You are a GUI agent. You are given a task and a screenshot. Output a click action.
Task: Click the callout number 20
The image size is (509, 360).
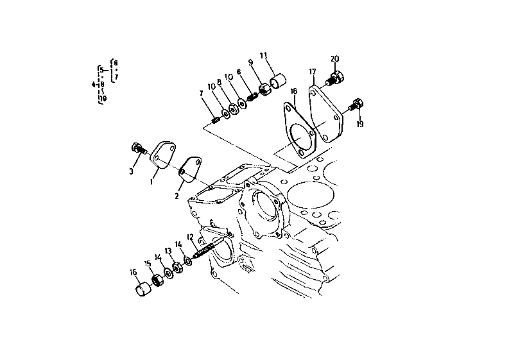tap(334, 59)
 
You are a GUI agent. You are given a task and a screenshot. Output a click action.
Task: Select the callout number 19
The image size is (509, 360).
tap(359, 124)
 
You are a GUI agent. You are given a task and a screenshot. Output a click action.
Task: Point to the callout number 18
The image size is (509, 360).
tap(293, 92)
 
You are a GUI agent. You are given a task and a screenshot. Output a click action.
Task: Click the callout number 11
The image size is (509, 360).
tap(263, 55)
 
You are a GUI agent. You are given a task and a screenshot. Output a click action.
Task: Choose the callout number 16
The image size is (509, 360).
tap(134, 272)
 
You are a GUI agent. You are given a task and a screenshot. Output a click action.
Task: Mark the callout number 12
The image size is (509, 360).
tap(189, 237)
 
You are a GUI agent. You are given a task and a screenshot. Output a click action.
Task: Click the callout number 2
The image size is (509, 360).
tap(177, 195)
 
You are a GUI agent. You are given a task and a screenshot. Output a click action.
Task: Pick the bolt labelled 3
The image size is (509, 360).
tap(137, 149)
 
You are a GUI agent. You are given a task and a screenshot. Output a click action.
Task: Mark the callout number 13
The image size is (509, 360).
tap(168, 251)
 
